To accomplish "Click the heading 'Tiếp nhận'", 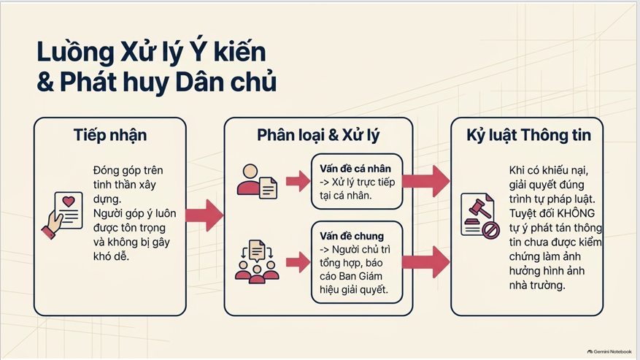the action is (109, 135).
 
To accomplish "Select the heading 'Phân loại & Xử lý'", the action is (318, 135).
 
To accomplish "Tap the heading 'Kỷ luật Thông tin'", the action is (528, 135).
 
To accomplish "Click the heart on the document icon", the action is (69, 201).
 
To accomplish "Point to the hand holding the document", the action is (53, 224).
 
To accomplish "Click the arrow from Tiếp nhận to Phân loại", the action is (204, 215).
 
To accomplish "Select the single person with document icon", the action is (257, 181).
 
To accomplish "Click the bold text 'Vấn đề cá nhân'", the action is (355, 169).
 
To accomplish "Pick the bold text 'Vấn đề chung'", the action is (352, 236).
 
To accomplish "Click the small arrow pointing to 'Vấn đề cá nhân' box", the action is (298, 181).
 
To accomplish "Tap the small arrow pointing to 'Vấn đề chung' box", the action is (298, 262).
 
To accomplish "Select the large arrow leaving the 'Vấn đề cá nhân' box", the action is (426, 181).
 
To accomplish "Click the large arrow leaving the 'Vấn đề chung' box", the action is (426, 262).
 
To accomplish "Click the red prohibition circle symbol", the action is (490, 229).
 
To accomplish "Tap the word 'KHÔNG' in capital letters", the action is (576, 213).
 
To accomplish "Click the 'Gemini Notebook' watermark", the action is (609, 351).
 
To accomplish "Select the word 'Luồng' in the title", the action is (75, 52).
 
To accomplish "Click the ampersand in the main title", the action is (45, 82).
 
